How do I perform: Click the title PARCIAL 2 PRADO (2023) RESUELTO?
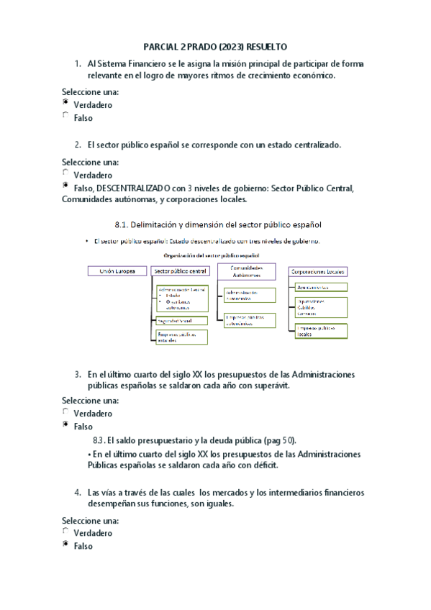(x=215, y=45)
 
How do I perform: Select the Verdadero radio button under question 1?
(x=66, y=104)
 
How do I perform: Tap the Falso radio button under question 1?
(x=66, y=116)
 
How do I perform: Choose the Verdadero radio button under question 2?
(x=66, y=173)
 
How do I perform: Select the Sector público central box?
(x=181, y=271)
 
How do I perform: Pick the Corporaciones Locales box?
(x=317, y=271)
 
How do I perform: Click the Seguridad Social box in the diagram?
(x=181, y=319)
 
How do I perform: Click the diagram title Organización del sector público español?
(x=211, y=255)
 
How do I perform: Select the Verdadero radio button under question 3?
(x=66, y=412)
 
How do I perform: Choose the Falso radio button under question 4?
(x=66, y=545)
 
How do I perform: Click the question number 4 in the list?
(x=77, y=493)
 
